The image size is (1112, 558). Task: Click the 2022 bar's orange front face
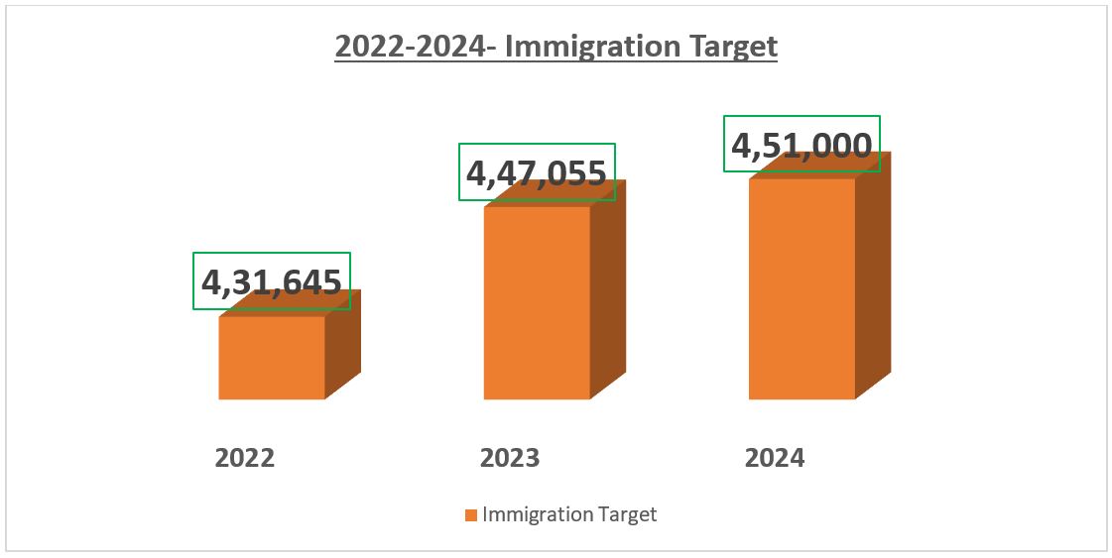pos(272,358)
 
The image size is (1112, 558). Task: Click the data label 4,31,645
pos(272,282)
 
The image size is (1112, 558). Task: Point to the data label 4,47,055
pos(537,173)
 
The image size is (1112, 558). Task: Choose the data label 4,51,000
pos(802,145)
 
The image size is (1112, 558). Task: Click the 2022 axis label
pos(245,458)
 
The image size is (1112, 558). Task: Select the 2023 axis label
pos(510,458)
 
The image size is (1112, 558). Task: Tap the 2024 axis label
pos(775,458)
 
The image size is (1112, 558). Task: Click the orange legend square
pos(470,515)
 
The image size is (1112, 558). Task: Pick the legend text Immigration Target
pos(569,514)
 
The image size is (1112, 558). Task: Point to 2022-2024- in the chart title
pos(415,47)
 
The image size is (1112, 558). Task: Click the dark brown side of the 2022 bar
pos(343,347)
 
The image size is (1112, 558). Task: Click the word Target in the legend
pos(629,514)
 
